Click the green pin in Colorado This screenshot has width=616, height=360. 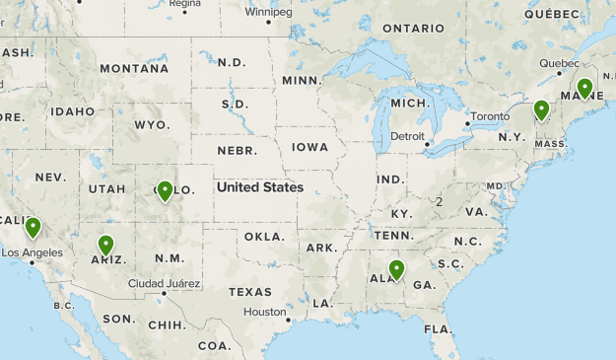[x=165, y=190]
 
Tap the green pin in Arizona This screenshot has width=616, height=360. [x=105, y=245]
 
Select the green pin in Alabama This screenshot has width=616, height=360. [x=396, y=269]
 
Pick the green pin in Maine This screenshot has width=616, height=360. [x=584, y=88]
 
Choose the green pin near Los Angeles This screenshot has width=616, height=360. [x=33, y=227]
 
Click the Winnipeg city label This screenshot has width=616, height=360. [x=268, y=13]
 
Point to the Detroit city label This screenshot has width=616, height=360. [x=407, y=135]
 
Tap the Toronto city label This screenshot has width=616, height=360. [x=490, y=116]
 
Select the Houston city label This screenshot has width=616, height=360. [x=263, y=312]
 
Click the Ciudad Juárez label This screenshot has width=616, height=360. [x=165, y=284]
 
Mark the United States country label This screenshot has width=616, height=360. [x=260, y=186]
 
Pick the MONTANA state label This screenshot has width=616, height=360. [x=133, y=68]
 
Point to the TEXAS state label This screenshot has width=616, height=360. [x=249, y=292]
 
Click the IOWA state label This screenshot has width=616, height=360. [x=309, y=147]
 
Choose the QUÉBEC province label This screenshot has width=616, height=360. [x=552, y=14]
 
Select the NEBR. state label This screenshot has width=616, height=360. [x=237, y=151]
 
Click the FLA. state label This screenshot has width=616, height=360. [x=439, y=327]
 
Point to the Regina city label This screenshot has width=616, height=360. [x=184, y=4]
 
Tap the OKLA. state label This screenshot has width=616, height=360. [x=264, y=237]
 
